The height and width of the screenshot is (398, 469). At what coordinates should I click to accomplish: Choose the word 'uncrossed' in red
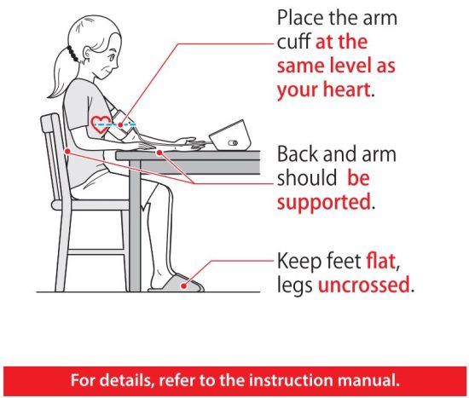(364, 285)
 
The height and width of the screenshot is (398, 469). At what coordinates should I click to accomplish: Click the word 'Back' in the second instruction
(300, 156)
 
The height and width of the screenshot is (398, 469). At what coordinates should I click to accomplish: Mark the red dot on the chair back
(65, 151)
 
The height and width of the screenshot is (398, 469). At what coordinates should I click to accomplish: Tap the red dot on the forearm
(160, 150)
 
